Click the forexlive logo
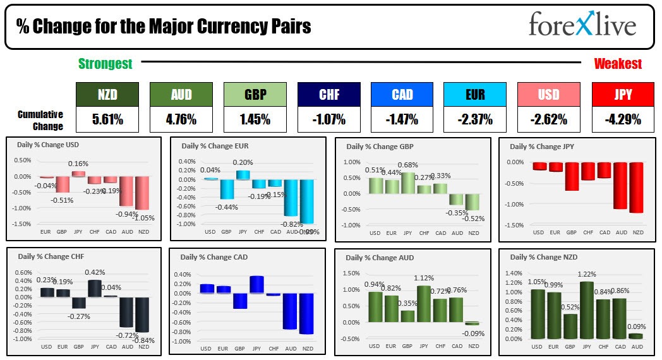[582, 26]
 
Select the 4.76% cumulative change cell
[181, 119]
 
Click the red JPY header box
[623, 95]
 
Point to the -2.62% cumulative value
[549, 119]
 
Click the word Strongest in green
[105, 63]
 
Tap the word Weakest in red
[618, 63]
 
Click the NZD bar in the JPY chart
[637, 187]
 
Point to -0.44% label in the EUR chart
[227, 207]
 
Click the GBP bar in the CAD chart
[240, 301]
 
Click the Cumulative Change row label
[40, 120]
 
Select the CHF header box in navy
[329, 95]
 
